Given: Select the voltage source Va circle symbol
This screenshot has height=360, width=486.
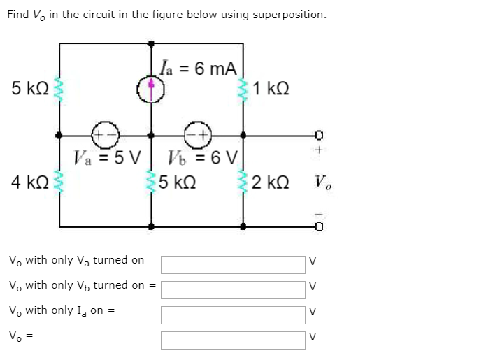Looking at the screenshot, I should pos(108,134).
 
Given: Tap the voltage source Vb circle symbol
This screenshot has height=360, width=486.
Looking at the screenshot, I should pos(196,134).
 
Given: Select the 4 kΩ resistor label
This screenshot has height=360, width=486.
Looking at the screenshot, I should pos(29,183).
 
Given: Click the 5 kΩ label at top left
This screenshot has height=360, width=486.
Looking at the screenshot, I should pos(29,89).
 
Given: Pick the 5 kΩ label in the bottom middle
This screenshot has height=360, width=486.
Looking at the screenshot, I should pos(177,183).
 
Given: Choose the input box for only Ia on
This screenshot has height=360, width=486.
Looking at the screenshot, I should pos(233,315).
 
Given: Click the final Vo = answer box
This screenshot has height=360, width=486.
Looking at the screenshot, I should pos(233,340).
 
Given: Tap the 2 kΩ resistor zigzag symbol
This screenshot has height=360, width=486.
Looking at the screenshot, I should pos(243,183).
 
